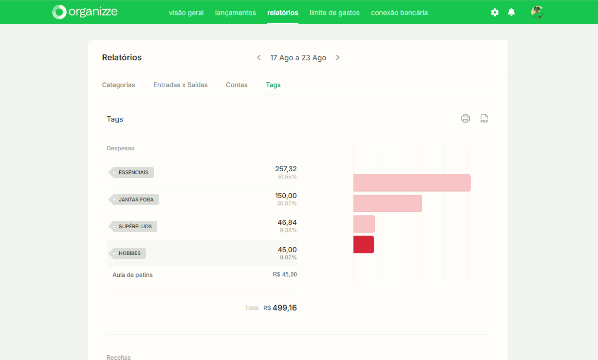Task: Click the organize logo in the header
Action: click(x=85, y=12)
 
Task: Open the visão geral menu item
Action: click(x=186, y=13)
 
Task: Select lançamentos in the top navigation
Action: click(x=235, y=13)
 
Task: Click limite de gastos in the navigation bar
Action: click(x=335, y=13)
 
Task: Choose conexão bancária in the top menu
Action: click(x=399, y=13)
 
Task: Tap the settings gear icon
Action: click(x=495, y=12)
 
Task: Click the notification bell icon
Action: click(x=511, y=12)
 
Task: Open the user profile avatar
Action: click(x=537, y=12)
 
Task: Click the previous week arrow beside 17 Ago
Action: click(x=259, y=58)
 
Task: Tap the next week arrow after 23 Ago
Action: click(x=338, y=58)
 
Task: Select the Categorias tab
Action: click(x=118, y=85)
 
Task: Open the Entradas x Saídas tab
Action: click(x=180, y=85)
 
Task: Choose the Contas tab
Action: click(x=237, y=85)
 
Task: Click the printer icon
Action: click(x=465, y=118)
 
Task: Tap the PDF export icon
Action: click(x=484, y=118)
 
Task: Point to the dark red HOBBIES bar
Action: click(x=363, y=244)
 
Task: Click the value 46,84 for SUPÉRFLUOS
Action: click(x=287, y=222)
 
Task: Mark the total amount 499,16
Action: click(x=285, y=308)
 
